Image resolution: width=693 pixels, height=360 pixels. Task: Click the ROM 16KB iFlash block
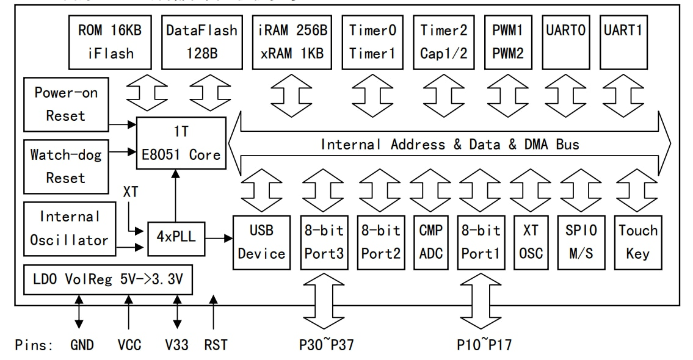click(107, 41)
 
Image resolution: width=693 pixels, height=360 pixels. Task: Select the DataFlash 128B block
click(202, 41)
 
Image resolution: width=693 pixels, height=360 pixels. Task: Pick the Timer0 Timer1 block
click(372, 41)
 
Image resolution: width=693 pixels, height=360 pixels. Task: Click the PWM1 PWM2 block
click(508, 41)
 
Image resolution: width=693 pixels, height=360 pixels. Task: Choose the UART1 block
click(623, 41)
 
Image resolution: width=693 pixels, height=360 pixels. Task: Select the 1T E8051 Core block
click(180, 143)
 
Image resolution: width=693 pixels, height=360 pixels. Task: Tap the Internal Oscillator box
click(69, 228)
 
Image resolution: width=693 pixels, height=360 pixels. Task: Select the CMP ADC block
click(430, 242)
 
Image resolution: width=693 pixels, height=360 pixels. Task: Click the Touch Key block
click(638, 242)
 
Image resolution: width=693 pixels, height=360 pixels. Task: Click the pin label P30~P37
click(326, 345)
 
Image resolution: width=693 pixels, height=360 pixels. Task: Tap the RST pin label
click(216, 345)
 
